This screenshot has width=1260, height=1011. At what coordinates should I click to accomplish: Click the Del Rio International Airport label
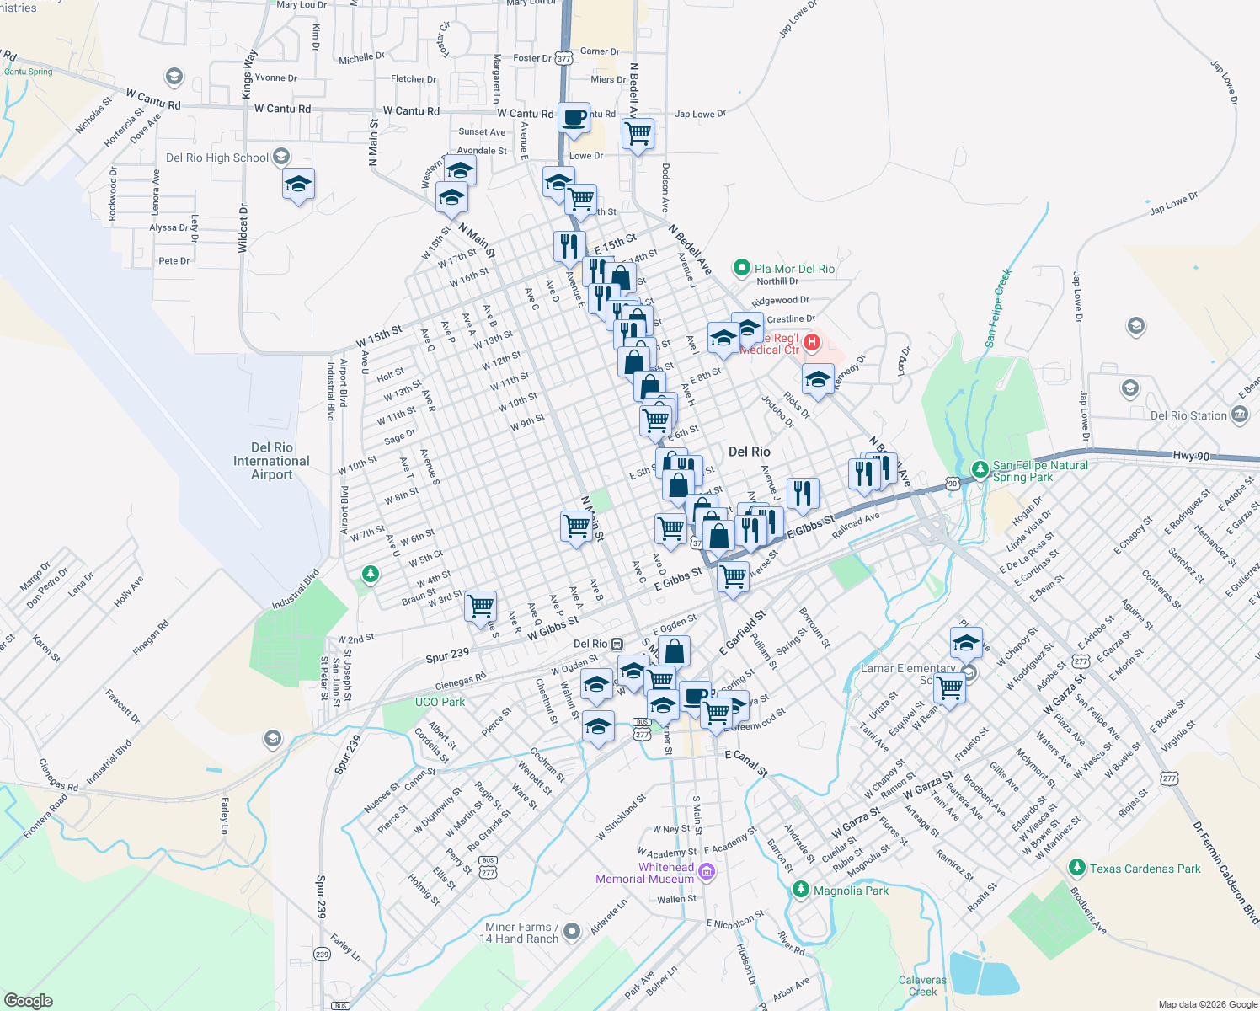[x=271, y=461]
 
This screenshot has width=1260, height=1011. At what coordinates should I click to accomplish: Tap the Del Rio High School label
[x=217, y=158]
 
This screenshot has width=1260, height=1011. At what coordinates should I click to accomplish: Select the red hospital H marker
[x=812, y=341]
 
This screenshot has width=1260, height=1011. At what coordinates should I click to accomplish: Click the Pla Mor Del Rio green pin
[x=741, y=268]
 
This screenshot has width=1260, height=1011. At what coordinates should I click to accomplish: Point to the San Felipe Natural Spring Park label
[x=1040, y=471]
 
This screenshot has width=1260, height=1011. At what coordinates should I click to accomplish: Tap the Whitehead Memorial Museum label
[x=645, y=873]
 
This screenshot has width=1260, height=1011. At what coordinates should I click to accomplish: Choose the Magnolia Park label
[x=851, y=891]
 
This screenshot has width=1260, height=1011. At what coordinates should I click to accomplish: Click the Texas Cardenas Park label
[x=1145, y=869]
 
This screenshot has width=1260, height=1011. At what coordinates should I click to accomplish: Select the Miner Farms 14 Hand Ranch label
[x=519, y=933]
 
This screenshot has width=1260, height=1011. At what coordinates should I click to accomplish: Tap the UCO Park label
[x=440, y=702]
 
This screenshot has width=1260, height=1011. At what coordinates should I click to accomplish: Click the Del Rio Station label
[x=1188, y=415]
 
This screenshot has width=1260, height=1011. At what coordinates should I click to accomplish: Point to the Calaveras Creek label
[x=922, y=986]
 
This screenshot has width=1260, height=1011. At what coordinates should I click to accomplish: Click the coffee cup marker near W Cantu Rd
[x=574, y=119]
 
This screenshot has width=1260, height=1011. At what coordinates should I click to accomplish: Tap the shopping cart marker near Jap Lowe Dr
[x=638, y=133]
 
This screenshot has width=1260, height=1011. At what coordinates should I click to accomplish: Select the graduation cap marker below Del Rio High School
[x=298, y=184]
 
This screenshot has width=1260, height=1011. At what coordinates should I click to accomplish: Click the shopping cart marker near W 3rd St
[x=480, y=605]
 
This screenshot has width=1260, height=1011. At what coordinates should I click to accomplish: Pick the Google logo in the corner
[x=28, y=1000]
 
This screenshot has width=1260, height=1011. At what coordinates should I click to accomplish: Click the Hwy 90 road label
[x=1191, y=456]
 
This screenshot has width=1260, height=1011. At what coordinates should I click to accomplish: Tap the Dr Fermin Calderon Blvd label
[x=1225, y=871]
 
